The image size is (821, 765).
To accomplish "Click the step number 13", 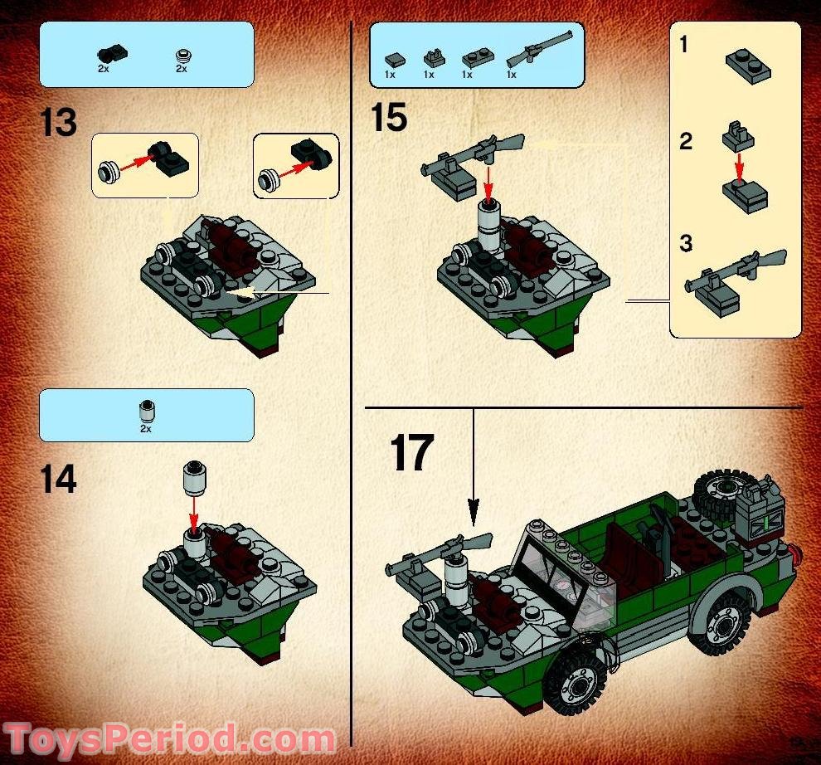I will click(x=58, y=123).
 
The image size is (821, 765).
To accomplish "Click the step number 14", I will click(x=58, y=479).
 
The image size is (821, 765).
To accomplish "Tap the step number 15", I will click(x=388, y=117).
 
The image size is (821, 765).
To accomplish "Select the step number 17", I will click(x=411, y=453).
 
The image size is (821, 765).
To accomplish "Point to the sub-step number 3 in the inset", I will click(x=686, y=244).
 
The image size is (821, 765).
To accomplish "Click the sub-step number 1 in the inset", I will click(x=683, y=45).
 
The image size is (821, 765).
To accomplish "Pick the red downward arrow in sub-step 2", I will click(x=740, y=166).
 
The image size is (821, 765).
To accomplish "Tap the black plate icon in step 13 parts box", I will click(x=112, y=54).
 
